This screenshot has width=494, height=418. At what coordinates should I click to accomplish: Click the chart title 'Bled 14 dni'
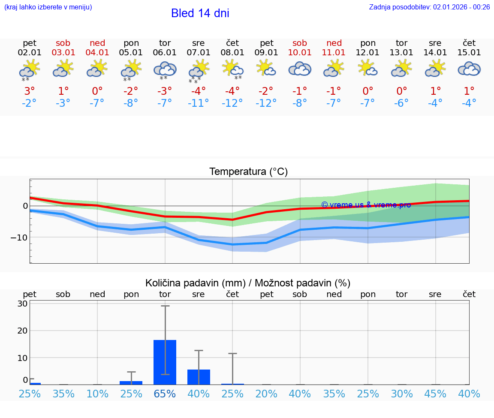pos(200,13)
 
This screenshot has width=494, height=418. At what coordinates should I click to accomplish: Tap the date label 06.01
pos(165,53)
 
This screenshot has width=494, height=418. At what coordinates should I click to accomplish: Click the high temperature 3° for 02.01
pos(30,91)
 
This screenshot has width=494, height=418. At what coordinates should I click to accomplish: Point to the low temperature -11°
pos(198,103)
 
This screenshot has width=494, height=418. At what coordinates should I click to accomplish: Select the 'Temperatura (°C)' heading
pos(248,172)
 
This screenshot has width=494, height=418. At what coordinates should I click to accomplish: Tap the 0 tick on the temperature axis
pos(25,206)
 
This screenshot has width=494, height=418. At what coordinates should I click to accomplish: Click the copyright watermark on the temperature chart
pos(366,205)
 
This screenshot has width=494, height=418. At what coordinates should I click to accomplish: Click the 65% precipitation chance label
pos(165,394)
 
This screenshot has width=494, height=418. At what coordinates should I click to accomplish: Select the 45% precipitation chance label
pos(435,394)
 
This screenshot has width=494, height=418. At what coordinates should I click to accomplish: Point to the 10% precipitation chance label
pos(97,394)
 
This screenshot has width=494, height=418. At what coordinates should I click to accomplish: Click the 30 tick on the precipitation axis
pos(22,304)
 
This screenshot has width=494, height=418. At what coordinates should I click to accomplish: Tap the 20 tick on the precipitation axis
pos(22,331)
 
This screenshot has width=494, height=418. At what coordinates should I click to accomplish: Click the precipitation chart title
pos(248,283)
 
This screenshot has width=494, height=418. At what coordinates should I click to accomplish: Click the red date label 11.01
pos(334,53)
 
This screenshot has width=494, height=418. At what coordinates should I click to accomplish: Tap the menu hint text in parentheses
pos(48,7)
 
